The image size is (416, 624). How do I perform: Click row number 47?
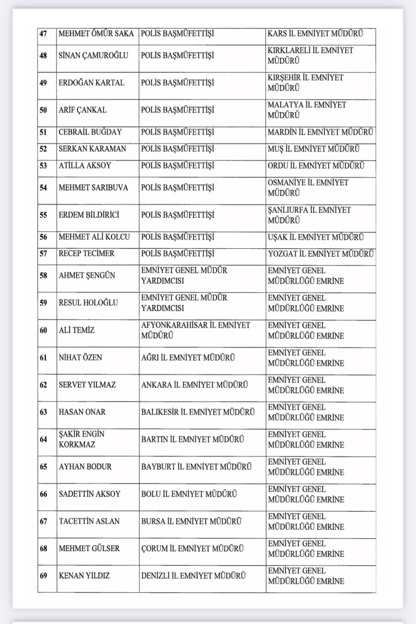pyautogui.click(x=43, y=34)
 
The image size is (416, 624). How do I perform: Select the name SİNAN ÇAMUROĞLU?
pyautogui.click(x=93, y=56)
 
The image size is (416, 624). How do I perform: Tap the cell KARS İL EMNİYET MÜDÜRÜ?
pyautogui.click(x=315, y=34)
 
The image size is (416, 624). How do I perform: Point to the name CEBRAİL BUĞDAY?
pyautogui.click(x=90, y=132)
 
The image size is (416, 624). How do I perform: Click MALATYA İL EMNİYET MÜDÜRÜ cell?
pyautogui.click(x=307, y=110)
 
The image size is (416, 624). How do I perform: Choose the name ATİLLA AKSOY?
pyautogui.click(x=85, y=166)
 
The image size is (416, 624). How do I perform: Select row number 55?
pyautogui.click(x=43, y=215)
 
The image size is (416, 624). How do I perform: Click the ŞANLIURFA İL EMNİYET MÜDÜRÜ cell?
pyautogui.click(x=309, y=215)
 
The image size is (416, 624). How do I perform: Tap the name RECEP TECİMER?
pyautogui.click(x=86, y=254)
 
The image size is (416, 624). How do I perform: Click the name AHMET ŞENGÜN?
pyautogui.click(x=87, y=276)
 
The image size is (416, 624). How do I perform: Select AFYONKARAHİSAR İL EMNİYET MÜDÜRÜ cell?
pyautogui.click(x=196, y=330)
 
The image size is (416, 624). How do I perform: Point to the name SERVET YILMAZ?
pyautogui.click(x=87, y=385)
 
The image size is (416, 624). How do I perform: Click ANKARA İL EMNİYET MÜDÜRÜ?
pyautogui.click(x=194, y=385)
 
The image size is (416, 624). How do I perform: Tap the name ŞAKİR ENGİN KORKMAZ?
pyautogui.click(x=81, y=439)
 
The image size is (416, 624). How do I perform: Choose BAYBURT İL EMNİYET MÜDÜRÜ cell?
pyautogui.click(x=196, y=467)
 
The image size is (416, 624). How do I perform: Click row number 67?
pyautogui.click(x=43, y=521)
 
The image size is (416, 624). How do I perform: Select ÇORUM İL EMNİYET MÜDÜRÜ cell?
pyautogui.click(x=192, y=548)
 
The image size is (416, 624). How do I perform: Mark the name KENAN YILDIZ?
pyautogui.click(x=84, y=576)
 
